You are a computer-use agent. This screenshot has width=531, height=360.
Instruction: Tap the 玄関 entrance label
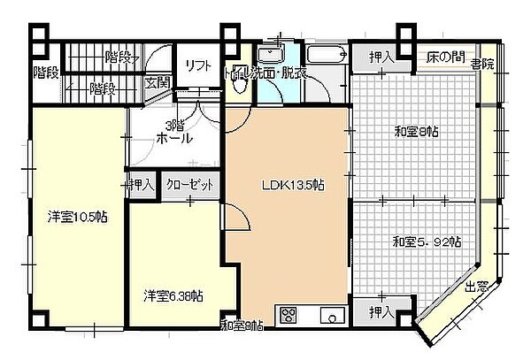(x=158, y=82)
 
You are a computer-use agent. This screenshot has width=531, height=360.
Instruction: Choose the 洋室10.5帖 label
(x=78, y=217)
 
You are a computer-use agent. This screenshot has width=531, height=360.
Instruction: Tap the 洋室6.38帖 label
(x=173, y=295)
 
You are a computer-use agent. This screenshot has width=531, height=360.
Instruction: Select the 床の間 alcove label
(x=445, y=57)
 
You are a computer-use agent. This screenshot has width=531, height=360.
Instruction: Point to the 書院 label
(x=482, y=64)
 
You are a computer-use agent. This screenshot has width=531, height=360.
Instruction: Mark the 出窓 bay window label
(x=477, y=286)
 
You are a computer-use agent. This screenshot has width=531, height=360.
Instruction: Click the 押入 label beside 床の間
(x=381, y=57)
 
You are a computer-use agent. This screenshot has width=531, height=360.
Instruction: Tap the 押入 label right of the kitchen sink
(x=381, y=312)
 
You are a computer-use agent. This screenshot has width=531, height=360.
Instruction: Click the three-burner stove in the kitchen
(x=289, y=314)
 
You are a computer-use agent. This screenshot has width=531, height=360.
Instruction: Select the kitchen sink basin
(x=332, y=314)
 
